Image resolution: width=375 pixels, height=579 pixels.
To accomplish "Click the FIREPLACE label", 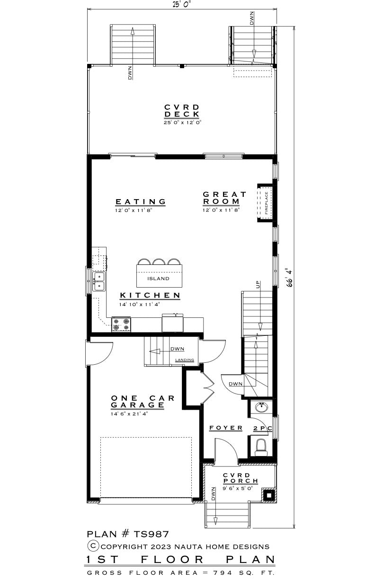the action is (266, 203).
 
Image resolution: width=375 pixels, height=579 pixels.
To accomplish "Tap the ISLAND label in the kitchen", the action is (158, 279).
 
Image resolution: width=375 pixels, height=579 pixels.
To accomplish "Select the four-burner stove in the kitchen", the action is (121, 325).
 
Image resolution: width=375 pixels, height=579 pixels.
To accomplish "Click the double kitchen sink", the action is (99, 281).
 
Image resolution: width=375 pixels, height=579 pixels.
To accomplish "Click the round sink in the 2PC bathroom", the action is (262, 408).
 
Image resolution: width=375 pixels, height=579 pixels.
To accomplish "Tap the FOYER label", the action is (226, 428).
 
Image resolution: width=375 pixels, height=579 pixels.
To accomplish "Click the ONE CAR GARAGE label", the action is (143, 402).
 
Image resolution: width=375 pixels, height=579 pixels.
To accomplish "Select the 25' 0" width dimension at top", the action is (182, 4).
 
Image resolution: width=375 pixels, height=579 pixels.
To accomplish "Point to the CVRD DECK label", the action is (182, 111).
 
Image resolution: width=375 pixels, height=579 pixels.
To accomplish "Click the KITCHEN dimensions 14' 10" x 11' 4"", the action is (139, 304).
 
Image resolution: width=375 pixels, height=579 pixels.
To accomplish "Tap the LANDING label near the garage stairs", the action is (185, 360).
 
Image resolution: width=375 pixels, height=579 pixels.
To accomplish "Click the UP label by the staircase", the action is (258, 284).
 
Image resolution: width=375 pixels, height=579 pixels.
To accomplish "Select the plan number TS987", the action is (128, 534).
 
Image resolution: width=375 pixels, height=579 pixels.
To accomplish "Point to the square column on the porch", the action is (269, 495).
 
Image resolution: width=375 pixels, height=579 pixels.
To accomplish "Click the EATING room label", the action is (141, 202).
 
